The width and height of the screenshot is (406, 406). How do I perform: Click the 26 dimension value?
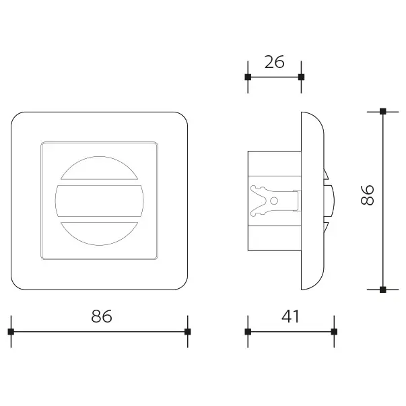click(x=274, y=62)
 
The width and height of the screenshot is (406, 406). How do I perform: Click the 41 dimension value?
click(x=290, y=316)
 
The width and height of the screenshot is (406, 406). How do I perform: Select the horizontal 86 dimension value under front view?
click(x=102, y=316)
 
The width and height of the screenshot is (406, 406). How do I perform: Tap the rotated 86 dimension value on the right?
click(x=368, y=195)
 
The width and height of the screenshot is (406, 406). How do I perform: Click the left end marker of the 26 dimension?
click(x=248, y=77)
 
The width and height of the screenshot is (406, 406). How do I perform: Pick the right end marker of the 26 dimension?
click(x=301, y=77)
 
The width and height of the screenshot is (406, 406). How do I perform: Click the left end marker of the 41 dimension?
click(x=248, y=331)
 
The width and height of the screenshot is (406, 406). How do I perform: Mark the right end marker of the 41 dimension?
click(x=334, y=331)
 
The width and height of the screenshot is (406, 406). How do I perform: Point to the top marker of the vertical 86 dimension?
click(x=382, y=112)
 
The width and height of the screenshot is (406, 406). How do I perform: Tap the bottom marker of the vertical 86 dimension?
click(x=382, y=290)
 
